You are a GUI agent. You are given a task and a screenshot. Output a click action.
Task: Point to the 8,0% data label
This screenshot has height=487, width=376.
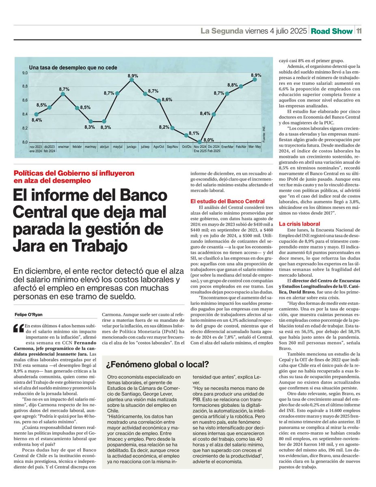(209, 139)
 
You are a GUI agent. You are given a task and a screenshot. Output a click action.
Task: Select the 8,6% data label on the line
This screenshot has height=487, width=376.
(167, 99)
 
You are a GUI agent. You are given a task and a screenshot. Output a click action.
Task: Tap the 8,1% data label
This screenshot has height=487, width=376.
(194, 133)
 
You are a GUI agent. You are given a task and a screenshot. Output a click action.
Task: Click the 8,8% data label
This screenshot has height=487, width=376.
(233, 85)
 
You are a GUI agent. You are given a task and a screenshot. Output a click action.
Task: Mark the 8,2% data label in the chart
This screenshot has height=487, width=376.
(164, 127)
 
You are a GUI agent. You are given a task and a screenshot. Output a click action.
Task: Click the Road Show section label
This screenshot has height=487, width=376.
(331, 31)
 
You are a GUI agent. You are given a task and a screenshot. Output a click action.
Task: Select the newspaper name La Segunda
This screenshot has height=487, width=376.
(221, 31)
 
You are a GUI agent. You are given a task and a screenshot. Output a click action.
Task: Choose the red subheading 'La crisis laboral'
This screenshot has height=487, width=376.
(299, 224)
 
